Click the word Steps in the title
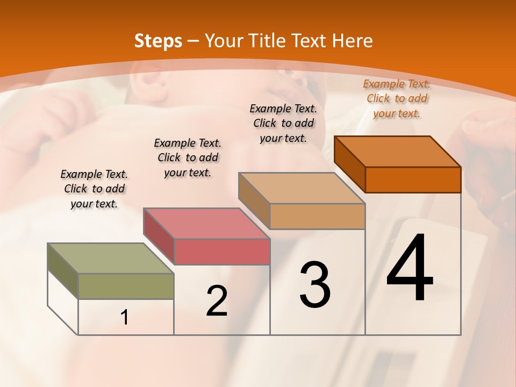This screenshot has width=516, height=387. pos(158,41)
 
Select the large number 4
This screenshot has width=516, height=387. pos(410,269)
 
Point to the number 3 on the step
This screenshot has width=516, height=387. pos(315,285)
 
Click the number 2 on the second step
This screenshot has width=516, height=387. pos(217,301)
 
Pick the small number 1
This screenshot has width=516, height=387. pos(125,318)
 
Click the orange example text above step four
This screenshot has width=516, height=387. pos(397,98)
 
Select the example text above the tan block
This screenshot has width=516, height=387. pos(283,123)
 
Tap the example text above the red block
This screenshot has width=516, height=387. pos(188,157)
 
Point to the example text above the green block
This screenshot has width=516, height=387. pos(94,189)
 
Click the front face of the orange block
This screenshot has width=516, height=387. pos(413,180)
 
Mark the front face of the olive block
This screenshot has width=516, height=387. pos(126,286)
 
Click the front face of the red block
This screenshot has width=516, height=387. pos(221,252)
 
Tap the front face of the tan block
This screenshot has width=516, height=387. pos(317,216)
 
